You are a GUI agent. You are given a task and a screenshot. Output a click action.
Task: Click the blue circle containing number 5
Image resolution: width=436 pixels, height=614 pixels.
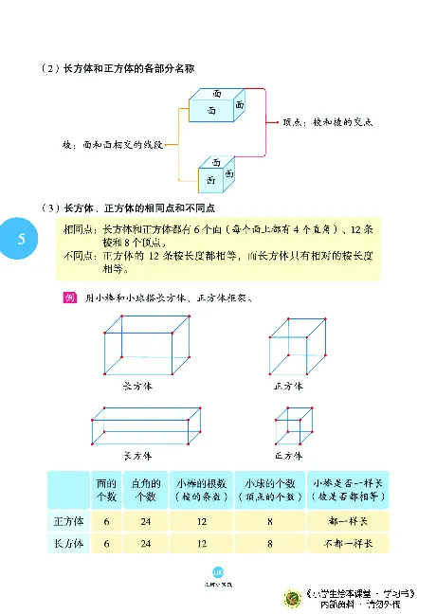click(x=20, y=238)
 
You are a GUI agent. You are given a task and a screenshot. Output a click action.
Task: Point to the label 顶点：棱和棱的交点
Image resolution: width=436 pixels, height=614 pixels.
click(x=327, y=121)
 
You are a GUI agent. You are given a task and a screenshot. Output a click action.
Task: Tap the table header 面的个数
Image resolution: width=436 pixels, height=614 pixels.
click(x=107, y=489)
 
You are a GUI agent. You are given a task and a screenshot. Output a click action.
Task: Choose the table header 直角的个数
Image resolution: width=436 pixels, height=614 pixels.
click(x=145, y=489)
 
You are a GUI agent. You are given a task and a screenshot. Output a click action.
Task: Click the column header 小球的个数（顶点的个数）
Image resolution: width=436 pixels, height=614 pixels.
click(x=269, y=489)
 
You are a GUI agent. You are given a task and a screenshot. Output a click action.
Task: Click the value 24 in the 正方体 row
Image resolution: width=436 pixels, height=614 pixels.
click(x=145, y=521)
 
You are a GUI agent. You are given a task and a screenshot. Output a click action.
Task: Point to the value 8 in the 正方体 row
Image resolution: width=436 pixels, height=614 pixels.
click(x=270, y=521)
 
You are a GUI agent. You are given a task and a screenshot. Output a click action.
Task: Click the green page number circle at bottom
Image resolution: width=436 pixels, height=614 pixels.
click(x=218, y=571)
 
